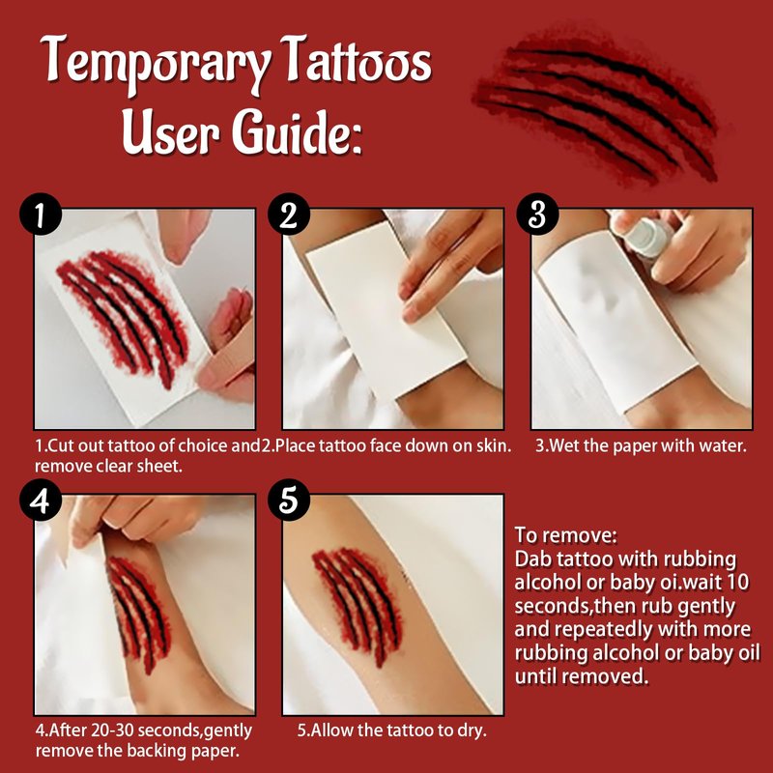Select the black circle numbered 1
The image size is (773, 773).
pyautogui.click(x=41, y=214)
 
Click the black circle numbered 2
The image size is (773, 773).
pyautogui.click(x=289, y=214)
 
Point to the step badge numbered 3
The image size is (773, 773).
pyautogui.click(x=537, y=214)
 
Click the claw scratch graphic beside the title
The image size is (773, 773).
pyautogui.click(x=595, y=107)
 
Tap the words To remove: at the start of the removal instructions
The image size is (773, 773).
pyautogui.click(x=565, y=535)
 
